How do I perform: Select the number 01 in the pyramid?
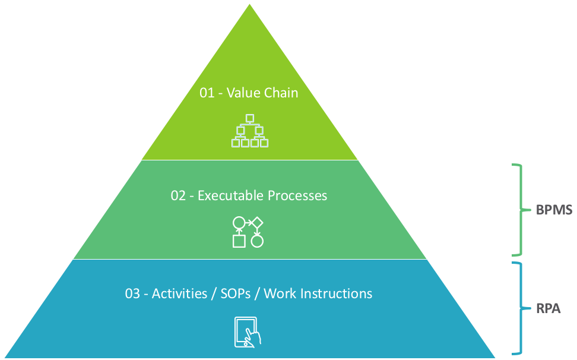pos(207,93)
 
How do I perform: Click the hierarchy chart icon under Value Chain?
pos(250,131)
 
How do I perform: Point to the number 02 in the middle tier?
pos(178,195)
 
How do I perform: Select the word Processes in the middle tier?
pos(297,195)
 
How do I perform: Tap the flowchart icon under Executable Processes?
pos(248,232)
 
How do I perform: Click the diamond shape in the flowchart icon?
pos(256,222)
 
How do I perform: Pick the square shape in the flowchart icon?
pos(239,241)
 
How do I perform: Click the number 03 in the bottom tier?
pos(132,293)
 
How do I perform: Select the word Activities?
pos(180,293)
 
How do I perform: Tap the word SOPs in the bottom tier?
pos(236,293)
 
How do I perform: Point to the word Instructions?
pos(336,293)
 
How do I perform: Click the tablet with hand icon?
pos(248,332)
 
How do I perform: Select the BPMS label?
pos(554,210)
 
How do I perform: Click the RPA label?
pos(549,308)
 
